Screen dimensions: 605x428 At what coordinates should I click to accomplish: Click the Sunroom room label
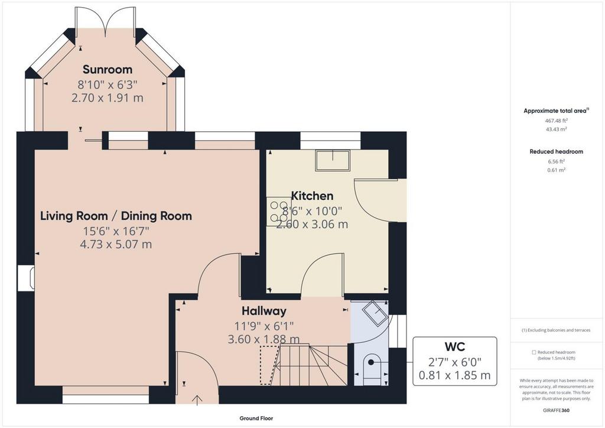point(108,70)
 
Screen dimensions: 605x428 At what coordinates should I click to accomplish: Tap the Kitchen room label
point(312,196)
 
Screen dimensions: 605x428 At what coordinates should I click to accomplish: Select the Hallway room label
point(264,311)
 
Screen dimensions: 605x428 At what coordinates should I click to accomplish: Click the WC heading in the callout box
point(455,346)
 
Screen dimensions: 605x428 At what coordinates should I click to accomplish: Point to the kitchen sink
point(333,161)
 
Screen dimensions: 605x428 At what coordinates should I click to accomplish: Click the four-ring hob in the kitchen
point(279,212)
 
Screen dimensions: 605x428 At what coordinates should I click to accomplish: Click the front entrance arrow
point(197,400)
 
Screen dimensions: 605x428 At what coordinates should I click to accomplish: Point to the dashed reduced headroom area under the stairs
point(269,365)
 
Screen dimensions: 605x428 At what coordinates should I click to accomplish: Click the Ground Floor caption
point(256,419)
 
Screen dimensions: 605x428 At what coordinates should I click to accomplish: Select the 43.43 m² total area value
point(556,129)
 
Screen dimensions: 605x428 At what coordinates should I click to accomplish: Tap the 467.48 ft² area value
point(556,121)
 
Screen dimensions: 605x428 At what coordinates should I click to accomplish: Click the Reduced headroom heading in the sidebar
point(556,152)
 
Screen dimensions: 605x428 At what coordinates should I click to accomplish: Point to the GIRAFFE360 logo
point(556,410)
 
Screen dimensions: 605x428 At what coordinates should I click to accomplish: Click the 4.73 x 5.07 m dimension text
point(116,244)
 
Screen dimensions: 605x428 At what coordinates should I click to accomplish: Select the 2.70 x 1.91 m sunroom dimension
point(108,98)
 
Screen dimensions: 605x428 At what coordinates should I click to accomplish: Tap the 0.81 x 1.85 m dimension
point(455,375)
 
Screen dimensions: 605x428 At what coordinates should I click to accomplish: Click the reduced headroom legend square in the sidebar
point(534,352)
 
